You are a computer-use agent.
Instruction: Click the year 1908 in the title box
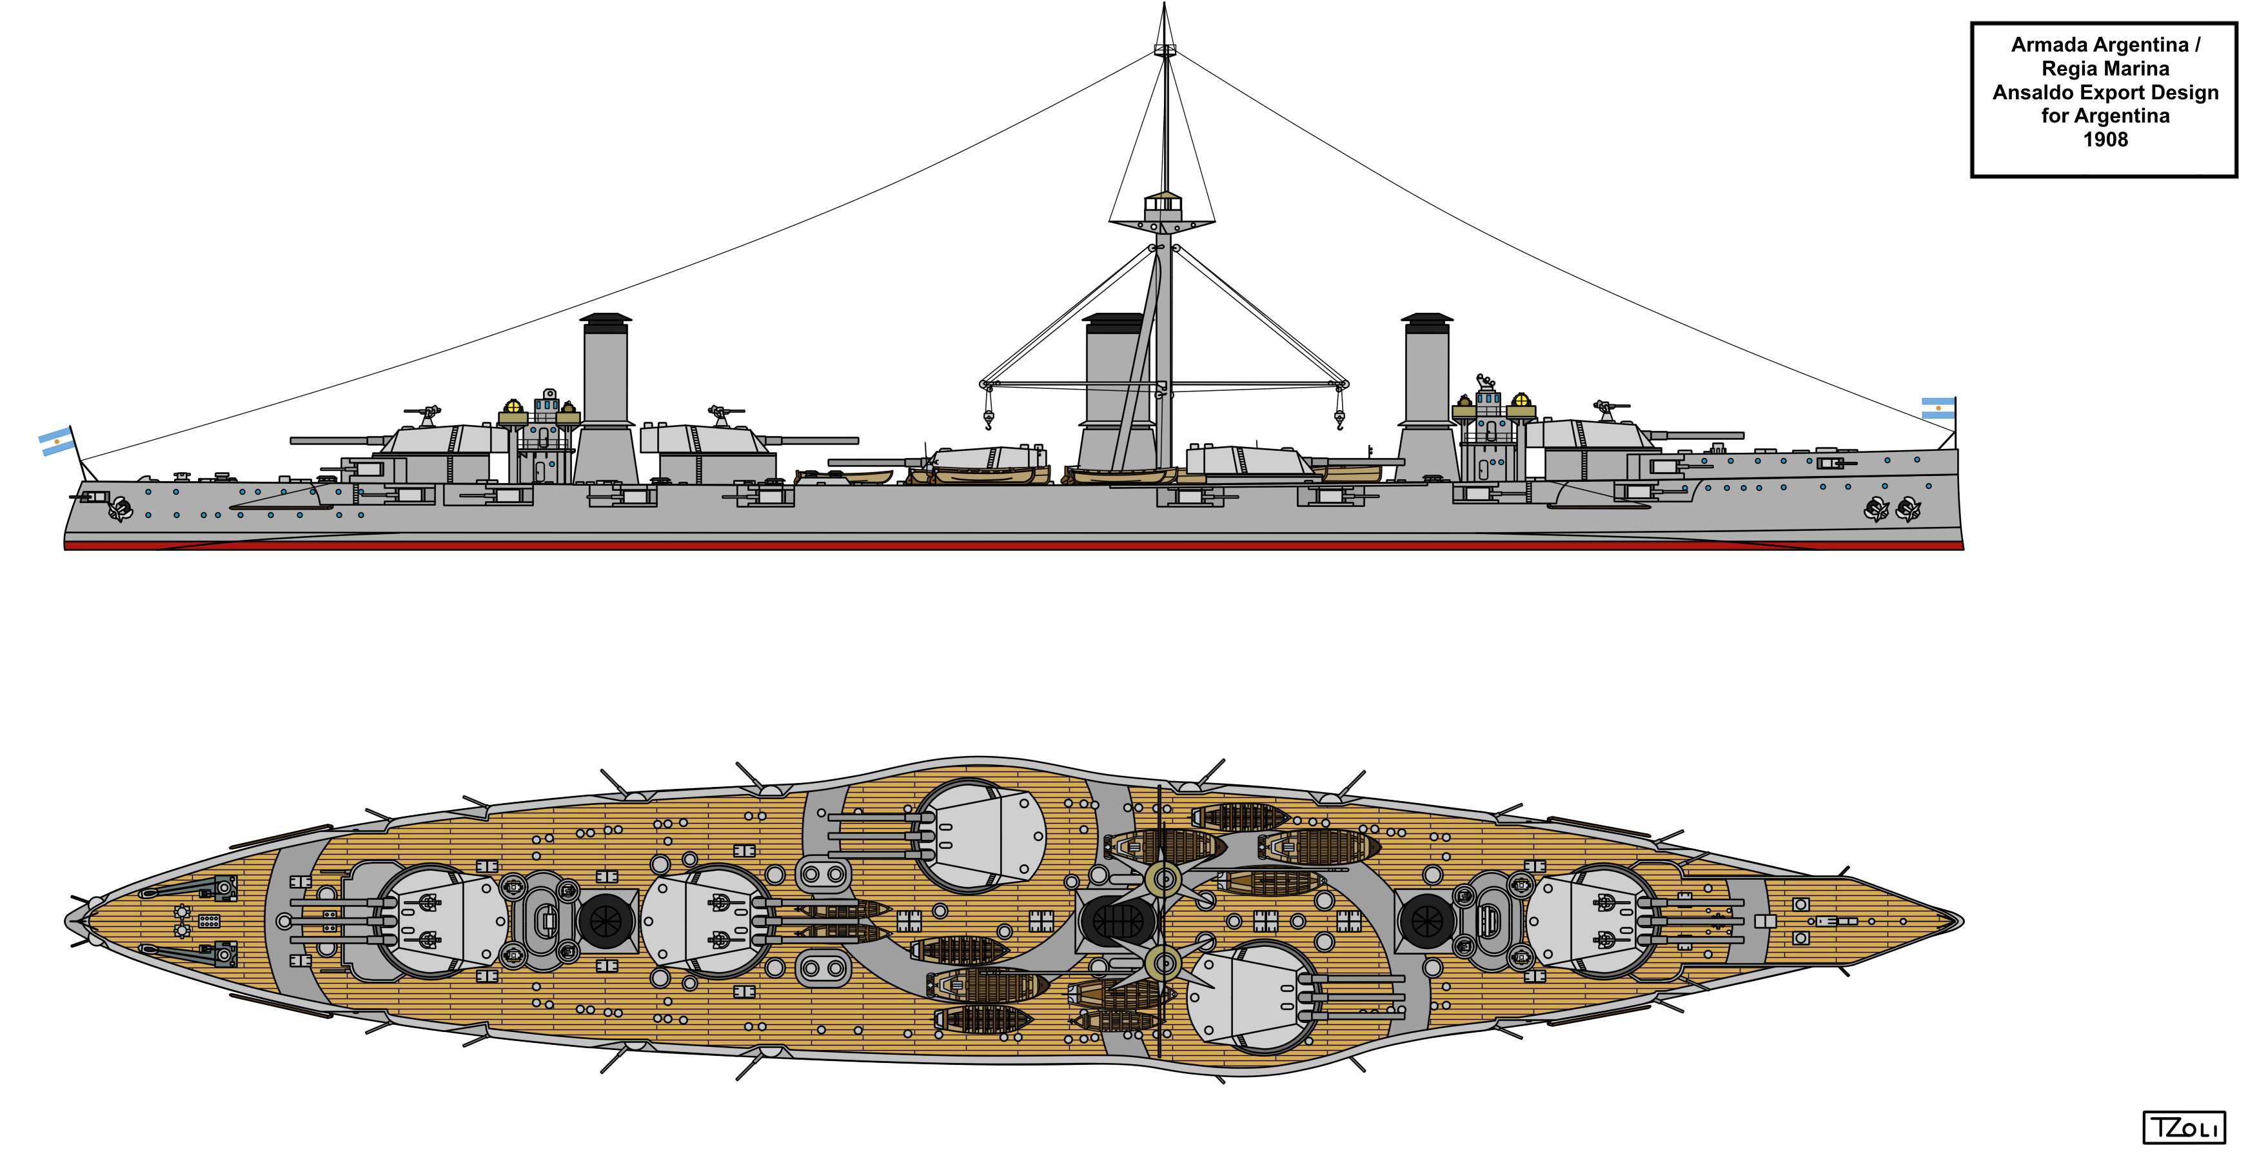(x=2105, y=140)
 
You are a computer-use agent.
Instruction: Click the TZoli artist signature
(x=2183, y=1127)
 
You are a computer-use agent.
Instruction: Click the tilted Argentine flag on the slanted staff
(x=56, y=442)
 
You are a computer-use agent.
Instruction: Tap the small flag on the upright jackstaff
(x=1937, y=408)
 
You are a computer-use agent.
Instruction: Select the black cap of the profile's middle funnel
(x=1114, y=322)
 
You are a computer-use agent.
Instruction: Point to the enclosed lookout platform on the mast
(x=1163, y=204)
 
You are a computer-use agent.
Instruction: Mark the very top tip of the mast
(x=1163, y=5)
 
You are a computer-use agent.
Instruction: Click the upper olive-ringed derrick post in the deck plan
(x=1163, y=877)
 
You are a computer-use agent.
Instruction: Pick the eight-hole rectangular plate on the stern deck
(x=208, y=921)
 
